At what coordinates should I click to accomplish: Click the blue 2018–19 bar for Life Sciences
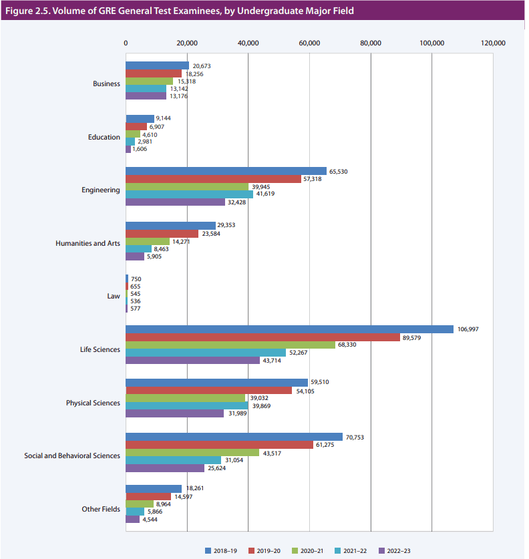(289, 329)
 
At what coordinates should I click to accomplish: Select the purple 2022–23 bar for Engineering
(176, 202)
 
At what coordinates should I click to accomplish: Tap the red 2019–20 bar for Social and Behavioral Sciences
(219, 445)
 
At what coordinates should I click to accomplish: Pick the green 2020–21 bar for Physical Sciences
(186, 398)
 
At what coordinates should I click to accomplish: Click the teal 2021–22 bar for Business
(146, 88)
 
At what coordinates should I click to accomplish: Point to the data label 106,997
(468, 329)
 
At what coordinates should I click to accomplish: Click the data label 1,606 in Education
(140, 149)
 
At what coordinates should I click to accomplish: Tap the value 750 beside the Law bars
(136, 279)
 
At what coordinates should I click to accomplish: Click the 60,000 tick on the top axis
(309, 43)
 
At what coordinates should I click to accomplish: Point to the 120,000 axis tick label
(493, 43)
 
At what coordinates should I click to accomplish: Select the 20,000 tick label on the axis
(187, 43)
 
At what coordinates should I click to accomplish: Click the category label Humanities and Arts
(87, 243)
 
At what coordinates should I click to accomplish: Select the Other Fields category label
(101, 509)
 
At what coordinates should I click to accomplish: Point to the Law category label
(114, 296)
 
